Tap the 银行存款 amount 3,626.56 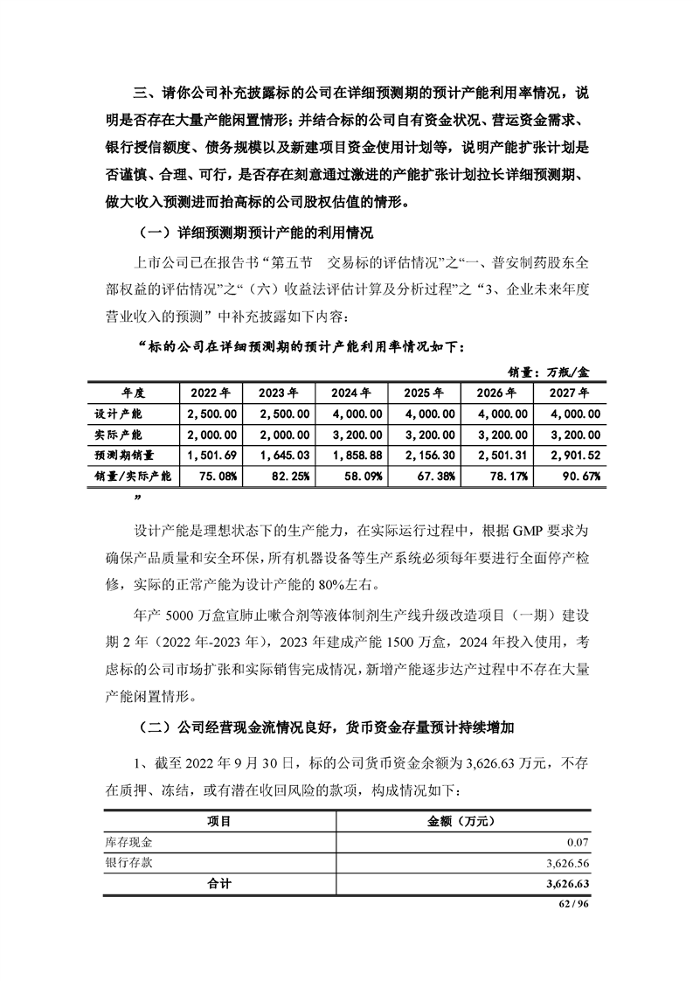(572, 864)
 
